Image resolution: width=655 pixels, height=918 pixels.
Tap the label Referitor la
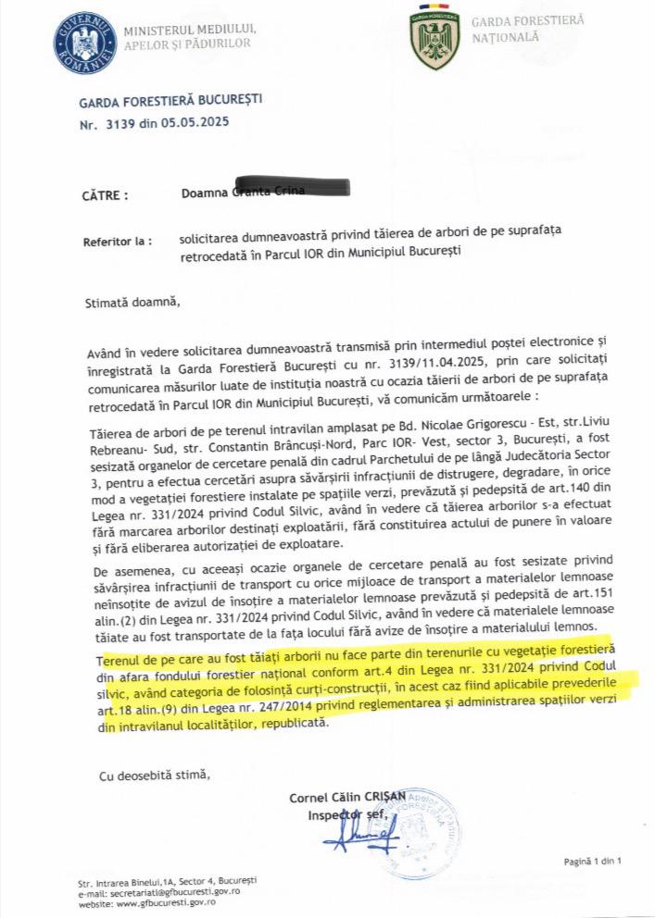pos(118,242)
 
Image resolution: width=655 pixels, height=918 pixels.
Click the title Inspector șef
pos(345,814)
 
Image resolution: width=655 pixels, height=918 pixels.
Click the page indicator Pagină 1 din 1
pos(591,862)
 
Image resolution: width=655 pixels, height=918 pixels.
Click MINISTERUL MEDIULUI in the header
pos(189,28)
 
